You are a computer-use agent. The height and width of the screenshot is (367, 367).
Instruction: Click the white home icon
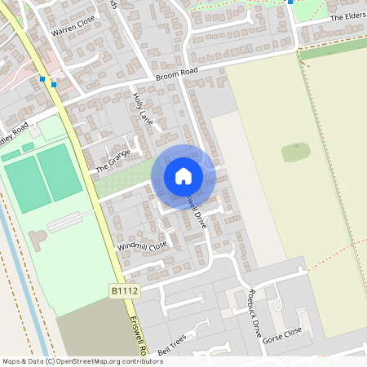pyautogui.click(x=183, y=176)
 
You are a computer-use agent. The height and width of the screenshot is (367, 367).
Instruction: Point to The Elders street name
pyautogui.click(x=348, y=16)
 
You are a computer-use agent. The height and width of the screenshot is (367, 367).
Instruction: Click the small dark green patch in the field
pyautogui.click(x=296, y=152)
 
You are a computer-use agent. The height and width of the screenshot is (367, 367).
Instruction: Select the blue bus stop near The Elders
pyautogui.click(x=290, y=2)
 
